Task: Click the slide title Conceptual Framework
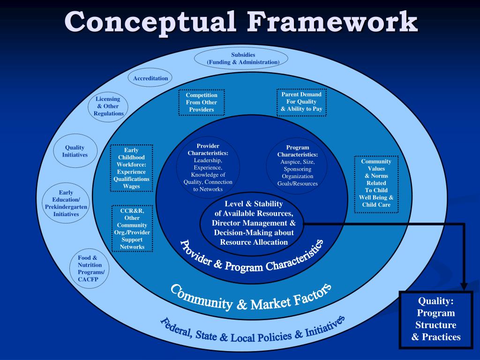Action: click(240, 22)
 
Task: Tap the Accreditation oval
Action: click(150, 78)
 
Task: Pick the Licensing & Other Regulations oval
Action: click(108, 106)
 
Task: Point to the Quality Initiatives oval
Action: click(75, 151)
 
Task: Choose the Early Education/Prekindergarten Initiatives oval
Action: click(66, 203)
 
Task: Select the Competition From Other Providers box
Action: click(202, 102)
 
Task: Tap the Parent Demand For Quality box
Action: click(301, 102)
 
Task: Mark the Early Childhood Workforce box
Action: click(131, 168)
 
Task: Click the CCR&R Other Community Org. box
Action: click(132, 229)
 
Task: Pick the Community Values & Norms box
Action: click(376, 183)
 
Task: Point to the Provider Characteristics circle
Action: click(208, 167)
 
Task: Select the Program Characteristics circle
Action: click(297, 165)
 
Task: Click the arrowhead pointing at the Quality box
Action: click(464, 285)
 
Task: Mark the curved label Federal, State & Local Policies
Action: click(253, 331)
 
